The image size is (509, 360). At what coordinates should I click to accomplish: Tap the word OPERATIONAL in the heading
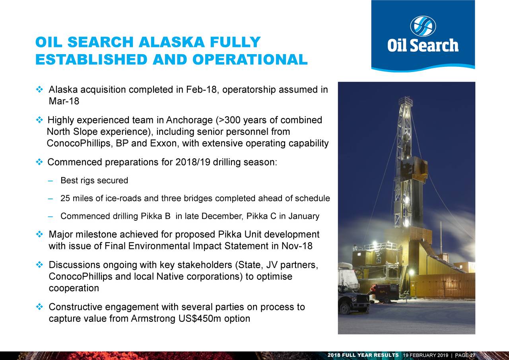click(250, 59)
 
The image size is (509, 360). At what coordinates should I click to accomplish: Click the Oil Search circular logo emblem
click(423, 26)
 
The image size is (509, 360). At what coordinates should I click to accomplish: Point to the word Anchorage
click(190, 120)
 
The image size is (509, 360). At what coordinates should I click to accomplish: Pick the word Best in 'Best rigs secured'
click(68, 181)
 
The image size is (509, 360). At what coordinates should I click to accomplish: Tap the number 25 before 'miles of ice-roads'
click(65, 198)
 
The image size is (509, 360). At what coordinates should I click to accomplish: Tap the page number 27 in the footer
click(472, 355)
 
